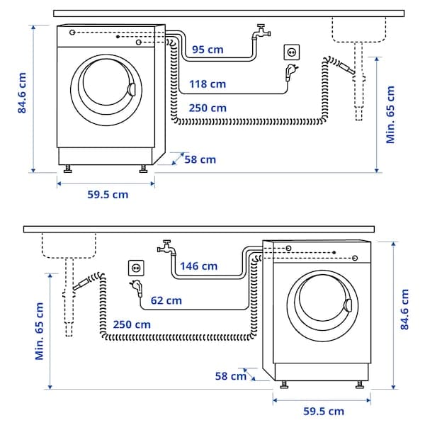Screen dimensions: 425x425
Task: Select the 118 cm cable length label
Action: click(208, 84)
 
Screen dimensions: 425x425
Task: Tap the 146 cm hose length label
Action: click(199, 266)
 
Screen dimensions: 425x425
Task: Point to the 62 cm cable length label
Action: click(166, 300)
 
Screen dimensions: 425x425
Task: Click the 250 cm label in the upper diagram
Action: click(208, 108)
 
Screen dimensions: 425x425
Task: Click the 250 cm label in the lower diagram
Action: click(132, 324)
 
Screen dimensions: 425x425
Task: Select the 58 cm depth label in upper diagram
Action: click(200, 159)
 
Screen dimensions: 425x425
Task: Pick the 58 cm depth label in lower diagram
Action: click(231, 376)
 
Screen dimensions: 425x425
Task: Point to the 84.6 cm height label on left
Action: click(23, 93)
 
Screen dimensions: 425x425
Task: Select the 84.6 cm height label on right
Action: click(404, 309)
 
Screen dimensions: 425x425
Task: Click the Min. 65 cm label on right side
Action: click(390, 114)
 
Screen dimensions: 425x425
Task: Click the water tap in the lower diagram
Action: click(166, 247)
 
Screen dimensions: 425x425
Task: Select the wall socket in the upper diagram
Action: click(291, 52)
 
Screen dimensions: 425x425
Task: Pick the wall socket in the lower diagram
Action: click(135, 268)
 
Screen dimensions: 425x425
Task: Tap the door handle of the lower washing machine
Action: click(347, 305)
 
